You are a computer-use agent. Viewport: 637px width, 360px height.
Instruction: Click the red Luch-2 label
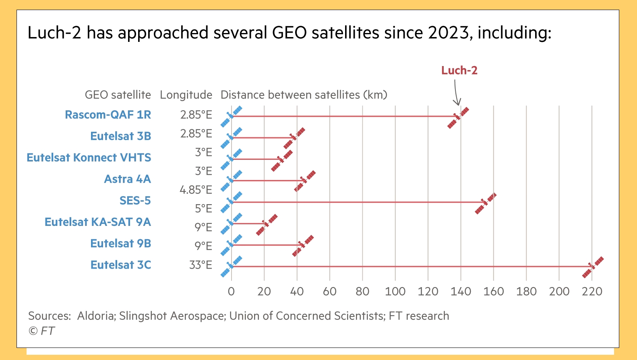coord(459,70)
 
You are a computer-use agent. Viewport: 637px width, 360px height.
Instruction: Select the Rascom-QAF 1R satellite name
coord(108,115)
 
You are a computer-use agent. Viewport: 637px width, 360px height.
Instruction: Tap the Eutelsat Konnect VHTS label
coord(89,157)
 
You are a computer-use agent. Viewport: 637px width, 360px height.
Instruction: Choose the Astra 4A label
coord(127,179)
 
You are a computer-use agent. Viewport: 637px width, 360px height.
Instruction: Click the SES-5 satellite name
coord(135,201)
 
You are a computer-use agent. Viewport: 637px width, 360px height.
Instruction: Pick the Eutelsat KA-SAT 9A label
coord(98,222)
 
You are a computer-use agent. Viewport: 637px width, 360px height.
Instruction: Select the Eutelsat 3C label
coord(121,265)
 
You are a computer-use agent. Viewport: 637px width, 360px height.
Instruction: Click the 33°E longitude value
coord(201,265)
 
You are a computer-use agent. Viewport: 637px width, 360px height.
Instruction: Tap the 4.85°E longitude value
coord(196,190)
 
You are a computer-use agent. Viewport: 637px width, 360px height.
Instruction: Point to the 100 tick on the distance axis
coord(395,292)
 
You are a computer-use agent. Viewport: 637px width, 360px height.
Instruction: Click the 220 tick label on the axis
coord(592,292)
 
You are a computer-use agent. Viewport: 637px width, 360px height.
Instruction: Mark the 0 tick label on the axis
coord(231,292)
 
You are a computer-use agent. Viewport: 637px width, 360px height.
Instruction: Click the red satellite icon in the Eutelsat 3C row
coord(593,267)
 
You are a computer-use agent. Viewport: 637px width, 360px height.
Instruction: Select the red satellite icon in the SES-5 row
coord(486,203)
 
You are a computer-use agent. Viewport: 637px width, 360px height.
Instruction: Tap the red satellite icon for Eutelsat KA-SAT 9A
coord(267,225)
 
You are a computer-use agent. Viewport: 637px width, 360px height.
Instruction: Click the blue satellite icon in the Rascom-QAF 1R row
coord(231,116)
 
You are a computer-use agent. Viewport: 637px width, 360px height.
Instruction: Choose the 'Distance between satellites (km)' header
coord(304,95)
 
